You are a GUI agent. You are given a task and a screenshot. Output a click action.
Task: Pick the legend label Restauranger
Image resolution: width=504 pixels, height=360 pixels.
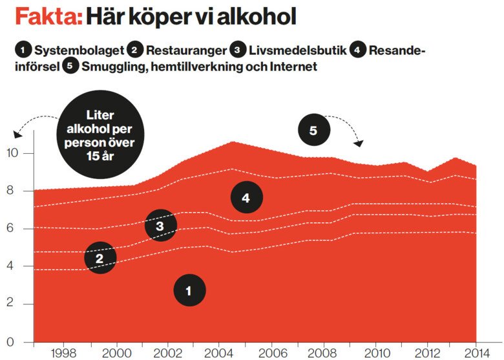click(187, 50)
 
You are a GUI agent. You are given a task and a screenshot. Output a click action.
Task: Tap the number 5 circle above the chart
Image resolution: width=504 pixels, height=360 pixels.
click(313, 130)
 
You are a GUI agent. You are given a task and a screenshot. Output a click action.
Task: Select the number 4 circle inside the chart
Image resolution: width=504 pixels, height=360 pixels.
click(246, 198)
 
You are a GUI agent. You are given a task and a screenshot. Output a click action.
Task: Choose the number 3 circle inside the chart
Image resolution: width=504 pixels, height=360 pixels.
click(160, 226)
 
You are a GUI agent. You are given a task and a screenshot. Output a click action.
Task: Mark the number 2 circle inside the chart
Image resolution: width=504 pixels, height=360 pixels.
click(100, 258)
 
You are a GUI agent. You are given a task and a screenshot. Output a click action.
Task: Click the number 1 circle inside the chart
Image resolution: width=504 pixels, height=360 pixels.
click(189, 291)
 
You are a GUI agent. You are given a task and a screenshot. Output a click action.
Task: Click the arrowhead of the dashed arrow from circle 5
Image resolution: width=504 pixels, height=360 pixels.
click(359, 143)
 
